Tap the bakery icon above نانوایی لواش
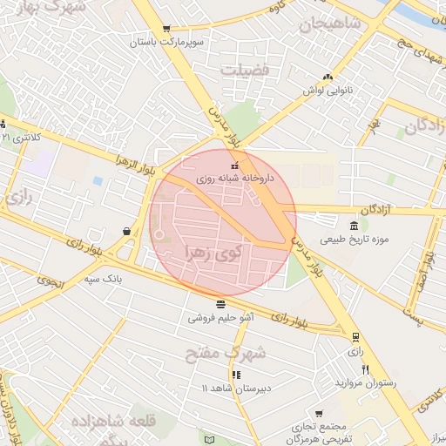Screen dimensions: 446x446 pos(327,77)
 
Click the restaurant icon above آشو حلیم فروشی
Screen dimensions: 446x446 pos(220,304)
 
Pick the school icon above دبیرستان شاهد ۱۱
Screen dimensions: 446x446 pos(235,375)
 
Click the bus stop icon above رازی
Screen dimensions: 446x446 pos(355,337)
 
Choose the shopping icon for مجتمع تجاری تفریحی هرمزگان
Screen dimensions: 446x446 pos(319,413)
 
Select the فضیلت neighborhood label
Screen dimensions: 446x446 pos(245,70)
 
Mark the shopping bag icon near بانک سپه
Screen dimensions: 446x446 pos(127,232)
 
